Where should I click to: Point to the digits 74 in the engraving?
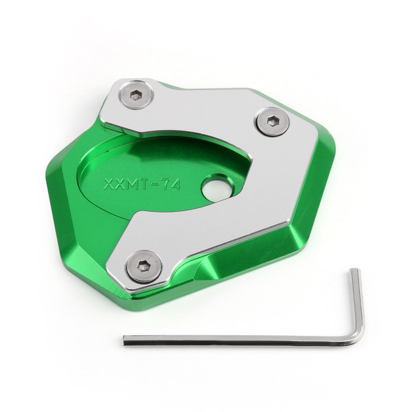pos(171,185)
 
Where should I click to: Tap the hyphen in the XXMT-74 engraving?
pos(155,185)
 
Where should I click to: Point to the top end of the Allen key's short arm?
pos(355,273)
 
